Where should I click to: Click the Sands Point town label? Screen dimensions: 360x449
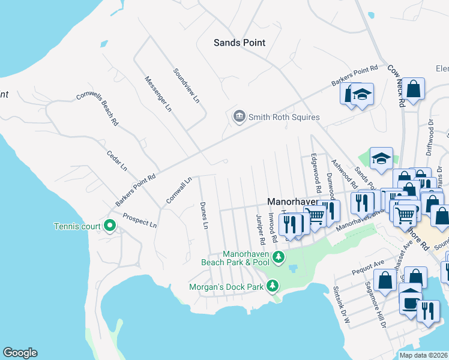(240, 43)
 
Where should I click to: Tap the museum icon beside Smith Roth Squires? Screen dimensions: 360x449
(239, 116)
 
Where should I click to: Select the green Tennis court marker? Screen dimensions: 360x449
(109, 226)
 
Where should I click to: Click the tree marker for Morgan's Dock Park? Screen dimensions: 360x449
(273, 285)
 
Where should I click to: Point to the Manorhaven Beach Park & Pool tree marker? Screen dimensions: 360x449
(278, 257)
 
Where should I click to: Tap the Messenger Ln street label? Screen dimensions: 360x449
(158, 94)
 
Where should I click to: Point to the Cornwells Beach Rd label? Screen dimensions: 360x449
(97, 109)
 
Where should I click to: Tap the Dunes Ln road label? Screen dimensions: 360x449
(203, 215)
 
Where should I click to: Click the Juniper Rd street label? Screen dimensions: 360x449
(261, 229)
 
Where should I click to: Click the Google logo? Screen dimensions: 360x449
(20, 353)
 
